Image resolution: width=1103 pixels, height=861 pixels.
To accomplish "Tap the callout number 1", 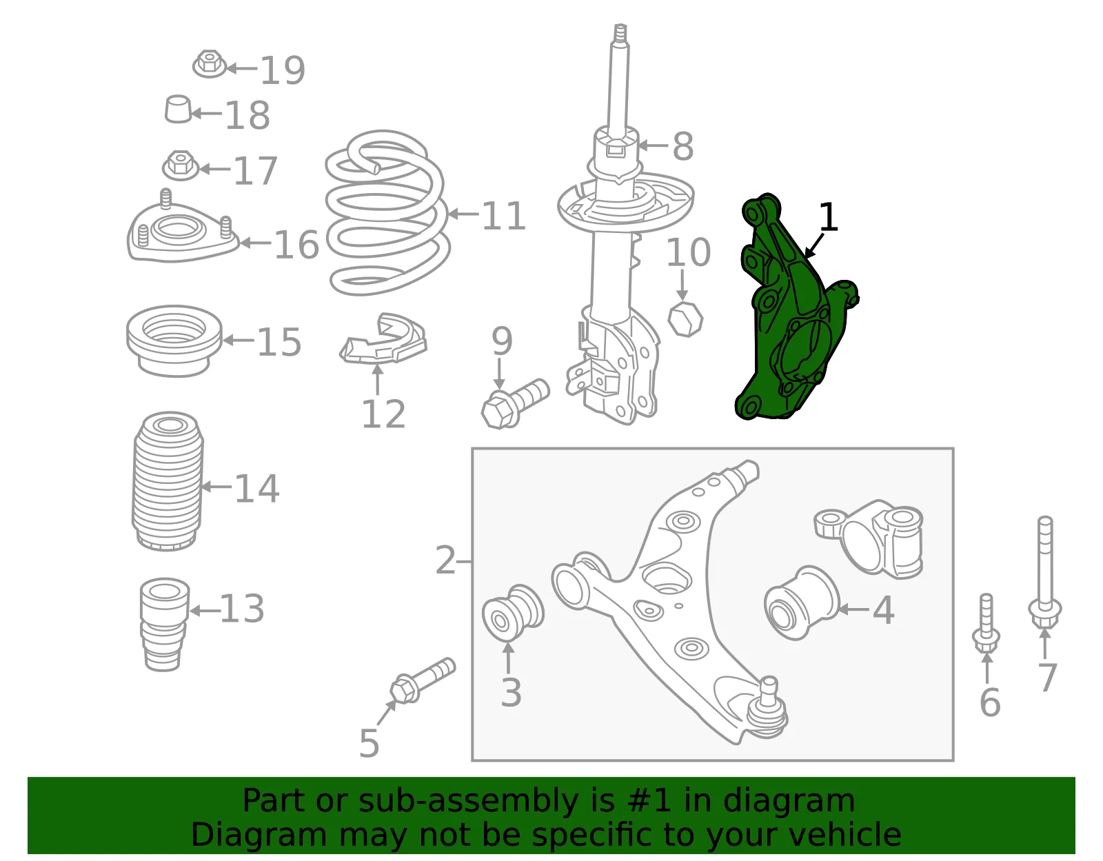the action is click(828, 217).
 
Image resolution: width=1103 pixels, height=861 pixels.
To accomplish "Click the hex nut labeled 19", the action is click(209, 64).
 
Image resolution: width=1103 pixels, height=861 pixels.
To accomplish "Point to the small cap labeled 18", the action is click(178, 109).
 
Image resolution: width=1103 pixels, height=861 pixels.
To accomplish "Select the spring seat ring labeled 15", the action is click(174, 341).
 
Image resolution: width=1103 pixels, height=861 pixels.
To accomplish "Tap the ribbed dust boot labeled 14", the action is click(168, 481).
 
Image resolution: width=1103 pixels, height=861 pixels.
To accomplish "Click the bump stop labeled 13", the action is click(165, 625).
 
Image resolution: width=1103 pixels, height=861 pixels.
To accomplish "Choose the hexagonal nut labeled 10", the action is click(685, 319).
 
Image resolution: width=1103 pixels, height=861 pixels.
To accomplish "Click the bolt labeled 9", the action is click(515, 404).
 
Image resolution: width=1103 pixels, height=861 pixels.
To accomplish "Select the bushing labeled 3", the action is click(513, 614).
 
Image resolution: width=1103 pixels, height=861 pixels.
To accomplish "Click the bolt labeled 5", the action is click(423, 681).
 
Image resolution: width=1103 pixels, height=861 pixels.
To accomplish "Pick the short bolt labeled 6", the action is click(986, 623).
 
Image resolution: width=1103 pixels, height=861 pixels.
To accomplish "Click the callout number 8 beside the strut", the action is click(682, 147).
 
